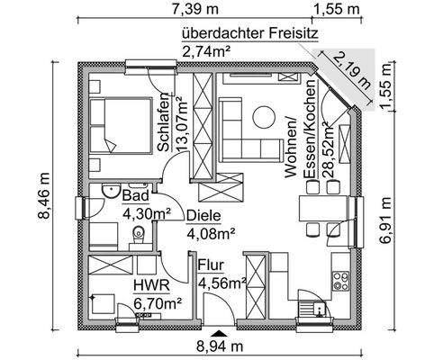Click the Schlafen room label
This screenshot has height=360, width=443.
(x=162, y=122)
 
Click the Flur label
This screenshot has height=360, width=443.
(x=211, y=266)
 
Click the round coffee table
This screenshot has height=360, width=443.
(x=263, y=116)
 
